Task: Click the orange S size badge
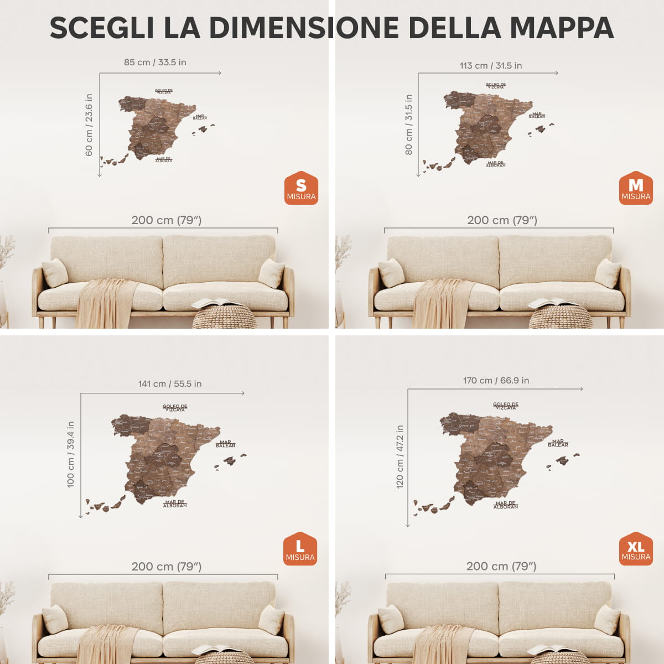[301, 188]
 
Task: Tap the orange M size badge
[636, 188]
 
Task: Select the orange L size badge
[300, 549]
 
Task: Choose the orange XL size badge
[636, 549]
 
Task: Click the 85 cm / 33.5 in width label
[155, 62]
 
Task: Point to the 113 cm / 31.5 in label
[491, 65]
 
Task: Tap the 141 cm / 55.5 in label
[170, 383]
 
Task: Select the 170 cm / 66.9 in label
[496, 380]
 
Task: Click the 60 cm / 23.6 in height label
[89, 125]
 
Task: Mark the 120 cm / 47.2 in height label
[400, 456]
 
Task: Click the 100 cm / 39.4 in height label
[71, 454]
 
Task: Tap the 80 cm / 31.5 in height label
[408, 124]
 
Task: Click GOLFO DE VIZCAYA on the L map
[175, 408]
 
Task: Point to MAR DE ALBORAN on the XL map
[506, 505]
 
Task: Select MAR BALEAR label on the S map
[200, 117]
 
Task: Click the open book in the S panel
[216, 303]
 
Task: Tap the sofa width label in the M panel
[502, 220]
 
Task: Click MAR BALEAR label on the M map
[537, 115]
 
